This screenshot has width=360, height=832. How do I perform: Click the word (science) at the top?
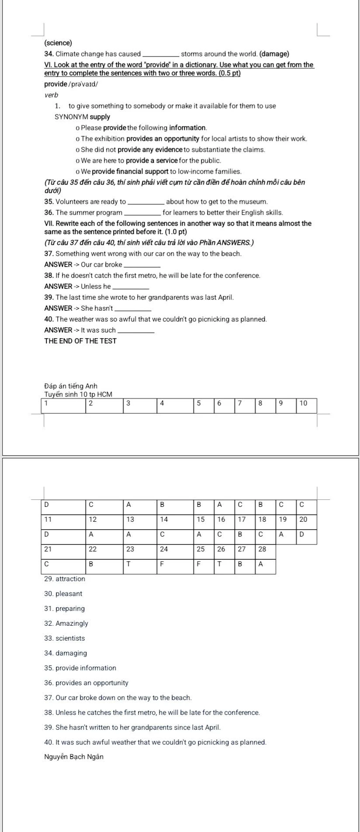(x=58, y=43)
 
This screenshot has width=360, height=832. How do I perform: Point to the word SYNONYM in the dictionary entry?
(x=71, y=117)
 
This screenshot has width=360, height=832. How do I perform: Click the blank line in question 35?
(x=146, y=202)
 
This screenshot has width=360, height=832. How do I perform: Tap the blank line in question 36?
(x=142, y=213)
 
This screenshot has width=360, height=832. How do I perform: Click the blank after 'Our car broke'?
(x=142, y=265)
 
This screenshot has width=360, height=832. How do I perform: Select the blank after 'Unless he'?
(x=131, y=287)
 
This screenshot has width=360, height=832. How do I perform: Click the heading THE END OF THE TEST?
(x=80, y=341)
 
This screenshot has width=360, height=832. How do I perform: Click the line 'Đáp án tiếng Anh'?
(x=71, y=386)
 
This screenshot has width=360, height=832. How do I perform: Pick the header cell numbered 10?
(x=306, y=403)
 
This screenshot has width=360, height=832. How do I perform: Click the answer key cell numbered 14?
(x=175, y=520)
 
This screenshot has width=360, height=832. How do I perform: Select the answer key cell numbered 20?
(x=306, y=520)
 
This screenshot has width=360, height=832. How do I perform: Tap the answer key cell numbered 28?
(x=265, y=549)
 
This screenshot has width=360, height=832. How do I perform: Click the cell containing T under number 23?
(x=140, y=564)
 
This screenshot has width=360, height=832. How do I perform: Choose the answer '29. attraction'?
(x=65, y=579)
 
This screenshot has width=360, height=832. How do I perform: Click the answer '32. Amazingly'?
(x=66, y=624)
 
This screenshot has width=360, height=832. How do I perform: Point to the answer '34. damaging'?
(x=66, y=653)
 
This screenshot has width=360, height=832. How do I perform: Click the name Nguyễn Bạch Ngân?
(x=74, y=757)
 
